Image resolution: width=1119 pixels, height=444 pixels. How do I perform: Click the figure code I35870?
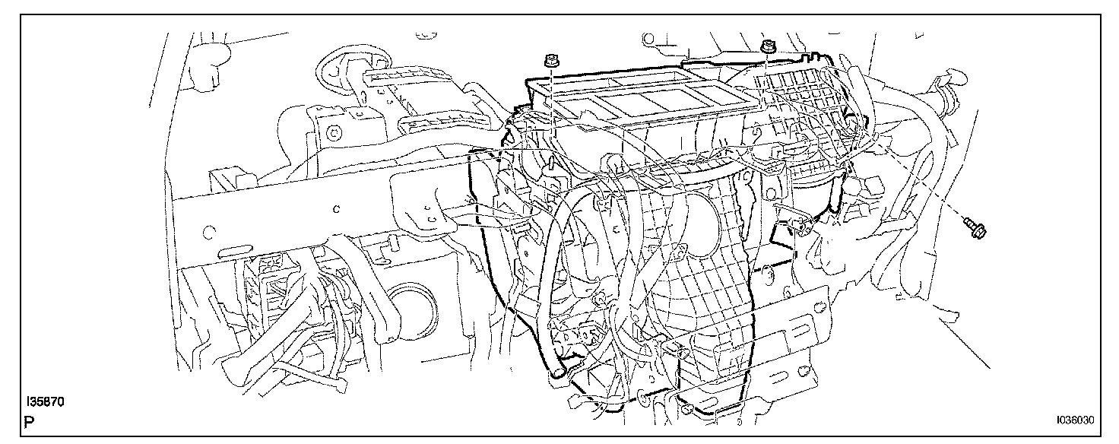44,401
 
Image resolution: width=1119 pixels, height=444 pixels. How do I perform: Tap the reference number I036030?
1073,419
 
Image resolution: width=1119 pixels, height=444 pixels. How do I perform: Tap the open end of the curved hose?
559,372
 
